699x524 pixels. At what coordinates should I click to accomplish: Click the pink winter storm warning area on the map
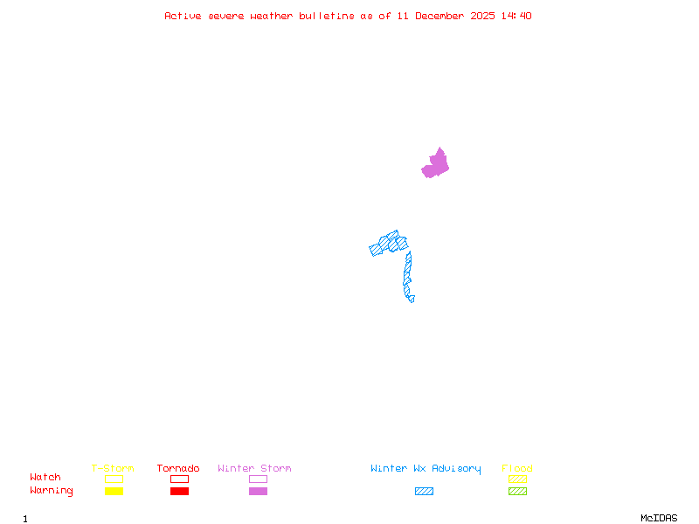(436, 164)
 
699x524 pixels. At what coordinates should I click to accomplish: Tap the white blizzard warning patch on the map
(416, 298)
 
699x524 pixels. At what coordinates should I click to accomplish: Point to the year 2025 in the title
(483, 16)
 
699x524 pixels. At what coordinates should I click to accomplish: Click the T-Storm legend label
(113, 469)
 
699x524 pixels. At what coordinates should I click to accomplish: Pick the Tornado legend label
(178, 469)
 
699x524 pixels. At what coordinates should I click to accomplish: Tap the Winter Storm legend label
(254, 469)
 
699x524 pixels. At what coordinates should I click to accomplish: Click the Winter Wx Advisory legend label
(426, 469)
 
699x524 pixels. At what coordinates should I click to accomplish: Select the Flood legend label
(516, 469)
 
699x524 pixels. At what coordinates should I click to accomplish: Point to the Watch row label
(45, 478)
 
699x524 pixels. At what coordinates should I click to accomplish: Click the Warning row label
(52, 491)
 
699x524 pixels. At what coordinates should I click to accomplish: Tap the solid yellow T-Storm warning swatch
(114, 492)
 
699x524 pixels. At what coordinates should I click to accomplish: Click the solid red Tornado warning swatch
(179, 492)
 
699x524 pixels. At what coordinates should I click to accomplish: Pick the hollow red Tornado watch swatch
(179, 479)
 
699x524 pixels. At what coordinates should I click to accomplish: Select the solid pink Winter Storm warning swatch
(258, 492)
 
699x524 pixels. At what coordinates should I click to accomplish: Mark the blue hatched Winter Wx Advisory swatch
(424, 492)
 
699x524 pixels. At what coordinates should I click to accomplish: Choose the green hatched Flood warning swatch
(517, 492)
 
